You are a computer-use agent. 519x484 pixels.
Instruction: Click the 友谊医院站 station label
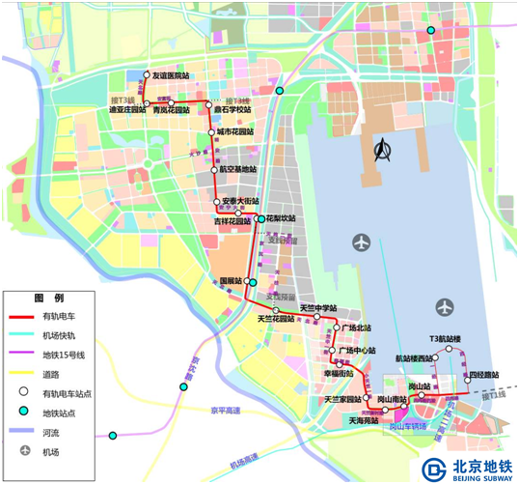coord(172,74)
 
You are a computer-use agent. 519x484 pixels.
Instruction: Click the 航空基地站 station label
coord(236,169)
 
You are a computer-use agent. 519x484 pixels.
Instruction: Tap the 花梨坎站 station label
coord(281,219)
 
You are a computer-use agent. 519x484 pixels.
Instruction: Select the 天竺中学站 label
coord(317,309)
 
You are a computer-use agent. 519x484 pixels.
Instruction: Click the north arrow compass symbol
coord(383,153)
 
